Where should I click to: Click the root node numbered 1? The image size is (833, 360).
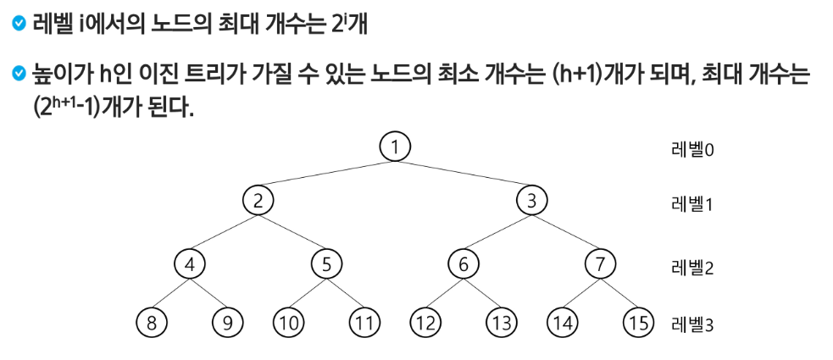click(394, 147)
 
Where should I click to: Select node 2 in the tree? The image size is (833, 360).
click(258, 201)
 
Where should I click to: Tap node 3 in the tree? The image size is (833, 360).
click(531, 201)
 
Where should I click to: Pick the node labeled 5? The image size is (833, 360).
click(325, 263)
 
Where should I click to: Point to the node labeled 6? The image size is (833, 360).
click(463, 263)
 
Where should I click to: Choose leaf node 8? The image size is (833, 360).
click(152, 322)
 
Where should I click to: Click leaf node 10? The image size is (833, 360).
click(289, 322)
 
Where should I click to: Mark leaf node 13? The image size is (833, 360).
click(501, 322)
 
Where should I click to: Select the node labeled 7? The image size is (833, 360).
click(599, 263)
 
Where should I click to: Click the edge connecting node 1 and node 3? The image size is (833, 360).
click(463, 174)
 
